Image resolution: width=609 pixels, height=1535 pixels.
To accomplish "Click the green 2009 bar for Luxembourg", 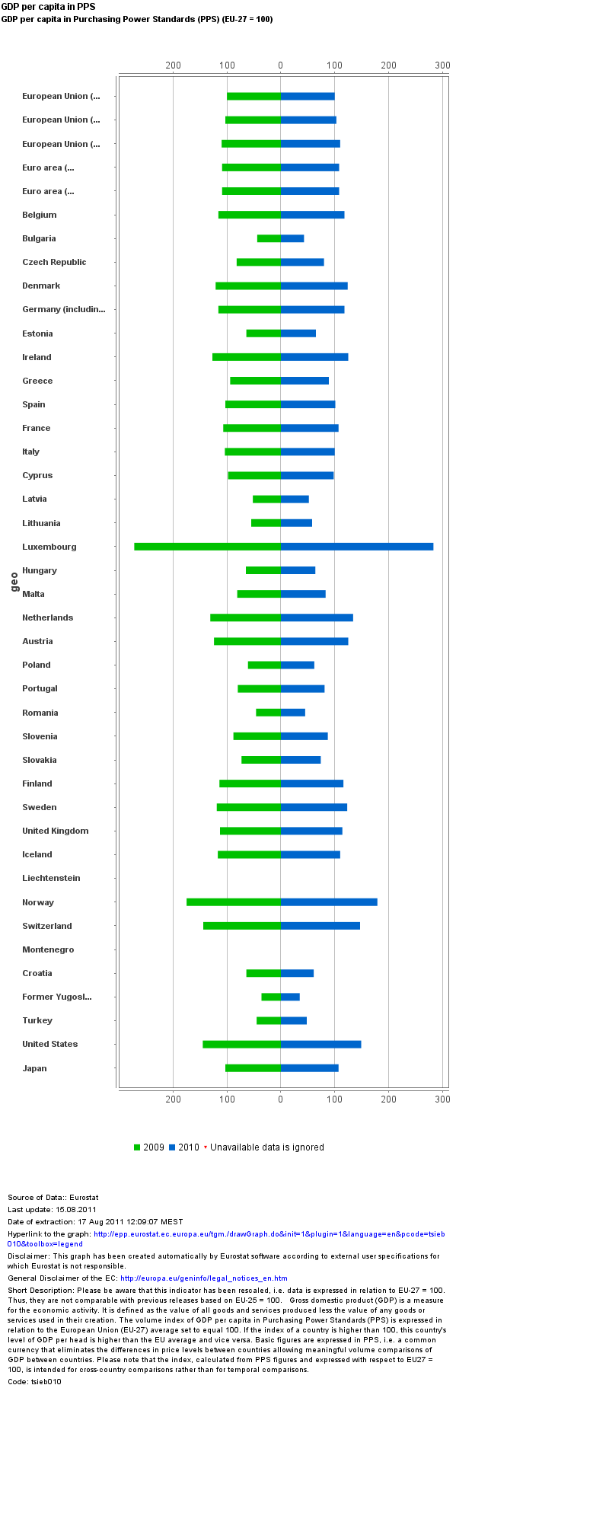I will point(207,547).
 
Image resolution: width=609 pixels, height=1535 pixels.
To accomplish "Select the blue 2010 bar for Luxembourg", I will point(357,547).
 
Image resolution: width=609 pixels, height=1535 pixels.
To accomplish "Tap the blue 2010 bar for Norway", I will point(329,902).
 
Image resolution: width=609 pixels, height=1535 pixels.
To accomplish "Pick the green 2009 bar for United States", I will point(241,1044).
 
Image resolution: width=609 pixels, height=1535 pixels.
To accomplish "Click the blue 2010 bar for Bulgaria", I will point(292,238).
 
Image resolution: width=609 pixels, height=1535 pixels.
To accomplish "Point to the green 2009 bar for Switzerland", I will point(242,926).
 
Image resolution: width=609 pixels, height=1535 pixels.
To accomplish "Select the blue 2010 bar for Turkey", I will point(294,1020).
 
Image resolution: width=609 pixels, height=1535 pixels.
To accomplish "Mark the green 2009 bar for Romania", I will point(268,713).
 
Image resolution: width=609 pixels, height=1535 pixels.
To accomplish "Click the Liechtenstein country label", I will point(51,878).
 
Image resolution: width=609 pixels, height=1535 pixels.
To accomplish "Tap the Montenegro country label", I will point(48,949).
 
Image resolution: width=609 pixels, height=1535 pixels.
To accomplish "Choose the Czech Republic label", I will point(54,262).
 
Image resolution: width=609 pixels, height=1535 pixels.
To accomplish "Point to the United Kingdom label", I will point(55,831).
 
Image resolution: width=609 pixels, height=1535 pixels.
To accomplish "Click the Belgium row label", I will point(39,215).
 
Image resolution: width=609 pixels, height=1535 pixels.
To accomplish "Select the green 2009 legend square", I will point(137,1147).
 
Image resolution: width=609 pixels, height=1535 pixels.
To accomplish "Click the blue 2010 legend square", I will point(172,1147).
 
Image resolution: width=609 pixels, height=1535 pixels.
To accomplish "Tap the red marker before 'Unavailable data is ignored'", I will point(206,1147).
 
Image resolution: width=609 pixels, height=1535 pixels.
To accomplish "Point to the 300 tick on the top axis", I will point(442,65).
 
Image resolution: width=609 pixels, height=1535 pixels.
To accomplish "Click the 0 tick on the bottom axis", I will point(281,1099).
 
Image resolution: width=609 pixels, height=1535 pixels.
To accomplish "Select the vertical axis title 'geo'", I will point(14,582).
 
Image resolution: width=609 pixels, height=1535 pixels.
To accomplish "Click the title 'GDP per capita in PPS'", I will point(48,7).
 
